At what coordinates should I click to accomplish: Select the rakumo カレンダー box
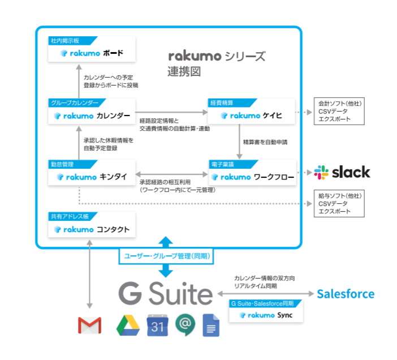pyautogui.click(x=92, y=115)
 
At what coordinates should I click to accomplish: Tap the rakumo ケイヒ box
pyautogui.click(x=252, y=115)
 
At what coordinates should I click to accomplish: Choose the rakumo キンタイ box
pyautogui.click(x=92, y=177)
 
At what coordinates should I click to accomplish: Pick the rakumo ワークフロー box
pyautogui.click(x=252, y=177)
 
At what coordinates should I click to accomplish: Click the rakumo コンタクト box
pyautogui.click(x=92, y=229)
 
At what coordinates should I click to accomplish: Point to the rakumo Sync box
pyautogui.click(x=266, y=315)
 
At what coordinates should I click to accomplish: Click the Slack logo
pyautogui.click(x=343, y=172)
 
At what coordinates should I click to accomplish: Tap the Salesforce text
pyautogui.click(x=345, y=294)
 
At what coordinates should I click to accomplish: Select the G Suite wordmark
pyautogui.click(x=165, y=294)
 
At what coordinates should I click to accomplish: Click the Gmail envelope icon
pyautogui.click(x=89, y=325)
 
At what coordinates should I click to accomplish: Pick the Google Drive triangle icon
pyautogui.click(x=128, y=325)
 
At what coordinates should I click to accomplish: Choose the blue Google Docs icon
pyautogui.click(x=212, y=325)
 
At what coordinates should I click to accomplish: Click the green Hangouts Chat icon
pyautogui.click(x=185, y=325)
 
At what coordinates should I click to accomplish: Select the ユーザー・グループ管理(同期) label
pyautogui.click(x=166, y=256)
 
